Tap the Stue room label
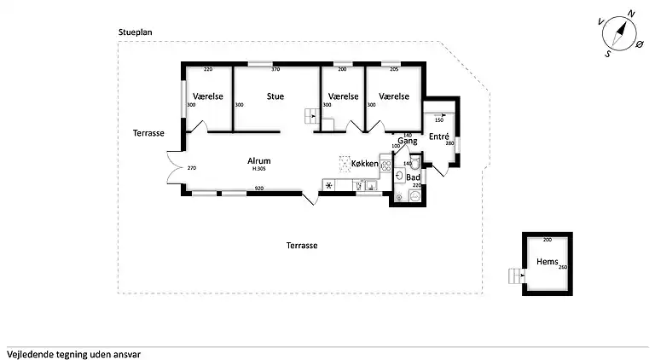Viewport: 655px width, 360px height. (x=275, y=96)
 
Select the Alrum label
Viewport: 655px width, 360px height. (x=259, y=160)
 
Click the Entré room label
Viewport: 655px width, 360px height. (x=439, y=136)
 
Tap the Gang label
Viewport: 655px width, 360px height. (x=407, y=141)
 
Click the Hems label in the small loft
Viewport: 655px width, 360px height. (x=546, y=262)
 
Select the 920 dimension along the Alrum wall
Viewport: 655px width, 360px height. (x=259, y=189)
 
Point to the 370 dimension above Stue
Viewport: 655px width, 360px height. (x=275, y=69)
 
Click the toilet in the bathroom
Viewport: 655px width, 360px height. (x=414, y=195)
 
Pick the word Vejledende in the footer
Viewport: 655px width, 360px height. (x=29, y=352)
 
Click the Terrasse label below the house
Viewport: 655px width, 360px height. (x=302, y=245)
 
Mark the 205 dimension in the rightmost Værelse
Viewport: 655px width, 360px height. (x=394, y=69)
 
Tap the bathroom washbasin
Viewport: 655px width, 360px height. (x=400, y=176)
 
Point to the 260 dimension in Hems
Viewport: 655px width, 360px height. (x=562, y=268)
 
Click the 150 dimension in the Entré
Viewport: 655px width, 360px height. (x=439, y=120)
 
